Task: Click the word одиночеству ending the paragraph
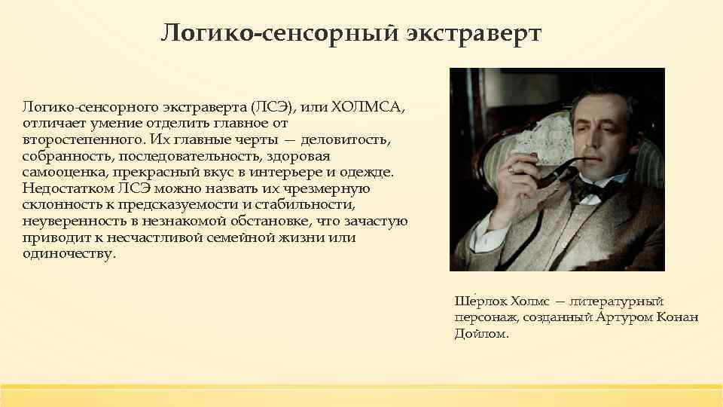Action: click(x=69, y=254)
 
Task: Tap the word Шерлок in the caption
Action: click(x=474, y=301)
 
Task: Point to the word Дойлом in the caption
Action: click(x=480, y=333)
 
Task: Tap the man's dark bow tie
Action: click(x=584, y=188)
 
